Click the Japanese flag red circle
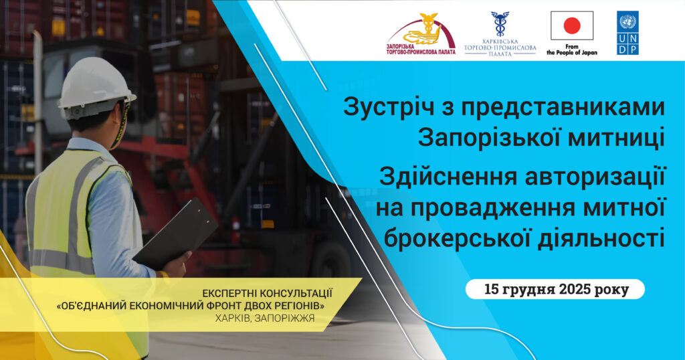571,26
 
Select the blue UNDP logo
627,32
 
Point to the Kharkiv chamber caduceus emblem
500,23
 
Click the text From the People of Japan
571,50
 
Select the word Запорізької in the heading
485,139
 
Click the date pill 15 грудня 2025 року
555,290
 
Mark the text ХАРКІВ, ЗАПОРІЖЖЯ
264,318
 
